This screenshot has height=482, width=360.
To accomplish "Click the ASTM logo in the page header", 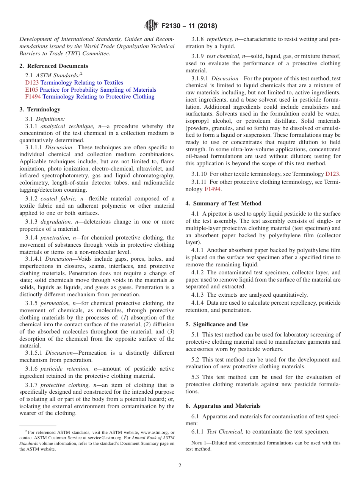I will click(151, 26).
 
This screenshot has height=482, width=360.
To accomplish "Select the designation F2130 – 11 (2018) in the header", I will click(189, 26).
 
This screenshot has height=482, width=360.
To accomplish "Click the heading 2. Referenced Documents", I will click(53, 66).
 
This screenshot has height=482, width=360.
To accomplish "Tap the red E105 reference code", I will click(31, 90).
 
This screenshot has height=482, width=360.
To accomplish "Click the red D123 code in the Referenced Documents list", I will click(32, 83).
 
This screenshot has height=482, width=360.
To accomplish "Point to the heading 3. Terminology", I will click(40, 110).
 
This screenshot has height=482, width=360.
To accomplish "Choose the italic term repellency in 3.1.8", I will click(220, 39).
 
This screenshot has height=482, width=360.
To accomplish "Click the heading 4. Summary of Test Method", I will click(223, 203).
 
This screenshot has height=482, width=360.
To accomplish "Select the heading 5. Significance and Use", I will click(217, 324).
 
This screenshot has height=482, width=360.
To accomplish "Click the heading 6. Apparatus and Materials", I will click(223, 406).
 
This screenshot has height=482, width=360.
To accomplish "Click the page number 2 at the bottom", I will click(180, 466).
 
